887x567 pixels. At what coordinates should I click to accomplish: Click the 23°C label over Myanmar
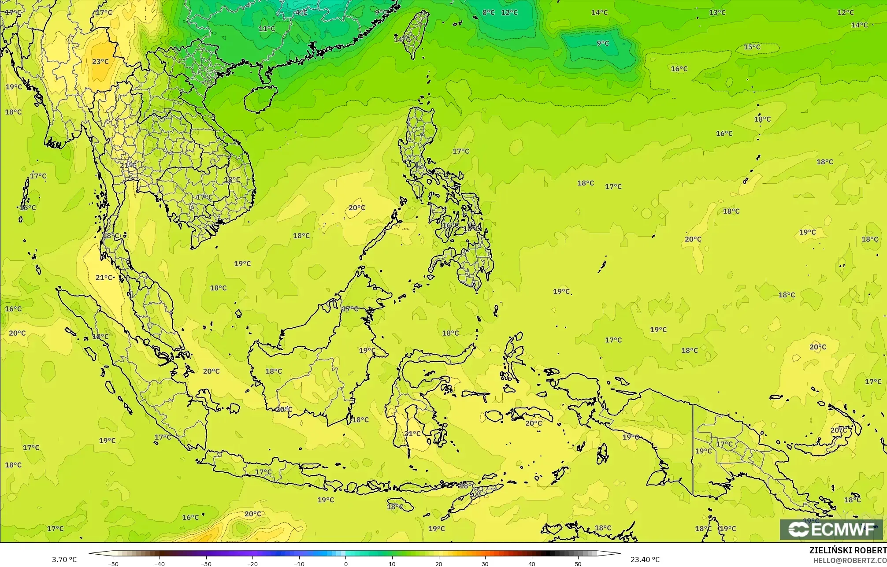coord(100,62)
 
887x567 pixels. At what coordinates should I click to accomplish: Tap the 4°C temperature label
coord(301,12)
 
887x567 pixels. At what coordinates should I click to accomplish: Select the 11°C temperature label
coord(267,29)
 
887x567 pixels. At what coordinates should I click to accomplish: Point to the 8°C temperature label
coord(488,12)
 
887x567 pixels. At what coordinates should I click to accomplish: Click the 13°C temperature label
coord(717,12)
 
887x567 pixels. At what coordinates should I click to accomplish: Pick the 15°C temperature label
coord(752,47)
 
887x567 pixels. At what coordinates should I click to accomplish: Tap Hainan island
coord(260,98)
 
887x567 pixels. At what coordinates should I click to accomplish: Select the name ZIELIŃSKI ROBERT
coord(848,550)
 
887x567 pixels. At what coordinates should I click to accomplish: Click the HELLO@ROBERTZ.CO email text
coord(850,560)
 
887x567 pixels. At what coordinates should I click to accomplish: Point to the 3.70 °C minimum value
coord(64,560)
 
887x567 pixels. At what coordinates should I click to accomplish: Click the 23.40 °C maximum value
coord(645,560)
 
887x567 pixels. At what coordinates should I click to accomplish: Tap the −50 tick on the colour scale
coord(113,563)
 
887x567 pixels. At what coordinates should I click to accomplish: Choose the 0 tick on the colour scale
coord(346,563)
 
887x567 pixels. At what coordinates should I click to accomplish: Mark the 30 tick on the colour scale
coord(485,563)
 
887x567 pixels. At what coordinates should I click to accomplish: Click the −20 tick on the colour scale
coord(252,563)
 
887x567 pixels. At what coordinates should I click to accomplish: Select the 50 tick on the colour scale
coord(578,563)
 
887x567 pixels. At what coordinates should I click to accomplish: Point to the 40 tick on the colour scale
coord(532,563)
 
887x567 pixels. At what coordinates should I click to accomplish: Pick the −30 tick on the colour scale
coord(206,563)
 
